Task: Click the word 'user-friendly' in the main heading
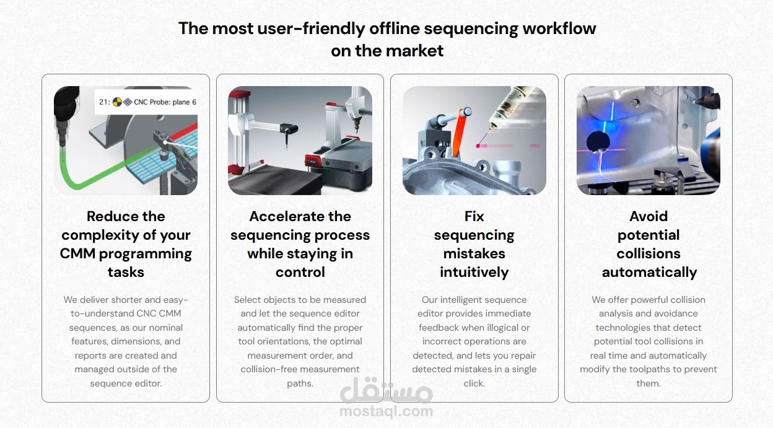coord(312,28)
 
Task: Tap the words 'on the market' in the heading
coord(387,51)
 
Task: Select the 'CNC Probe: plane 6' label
coord(165,102)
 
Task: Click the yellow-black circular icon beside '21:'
coord(117,102)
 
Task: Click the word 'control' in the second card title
coord(300,273)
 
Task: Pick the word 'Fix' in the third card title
coord(474,216)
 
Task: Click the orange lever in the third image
coord(459,133)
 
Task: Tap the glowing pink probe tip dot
coord(478,146)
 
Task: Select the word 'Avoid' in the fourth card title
coord(649,216)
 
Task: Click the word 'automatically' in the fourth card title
coord(649,273)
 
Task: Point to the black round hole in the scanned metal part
coord(598,142)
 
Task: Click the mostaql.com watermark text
coord(386,411)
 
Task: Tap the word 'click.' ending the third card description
coord(474,383)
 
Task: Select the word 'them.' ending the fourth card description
coord(649,383)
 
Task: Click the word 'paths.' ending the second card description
coord(300,383)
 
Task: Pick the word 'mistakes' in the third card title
coord(474,254)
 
